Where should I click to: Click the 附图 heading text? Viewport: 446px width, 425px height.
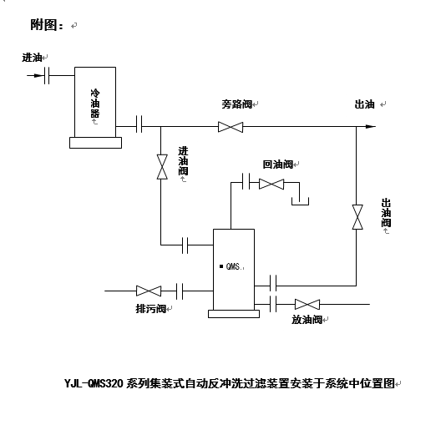tap(47, 25)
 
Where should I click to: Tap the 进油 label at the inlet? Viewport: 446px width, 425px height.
tap(32, 58)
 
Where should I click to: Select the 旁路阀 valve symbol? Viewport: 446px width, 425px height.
tap(230, 127)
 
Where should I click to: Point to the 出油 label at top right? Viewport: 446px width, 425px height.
tap(364, 104)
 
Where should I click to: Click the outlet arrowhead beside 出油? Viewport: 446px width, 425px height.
tap(369, 127)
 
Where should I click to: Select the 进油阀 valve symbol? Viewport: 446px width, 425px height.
tap(160, 167)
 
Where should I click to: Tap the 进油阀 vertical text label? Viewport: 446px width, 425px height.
tap(183, 161)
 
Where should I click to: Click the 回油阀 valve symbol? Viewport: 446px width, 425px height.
tap(271, 183)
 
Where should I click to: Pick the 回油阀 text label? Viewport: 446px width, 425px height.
tap(277, 164)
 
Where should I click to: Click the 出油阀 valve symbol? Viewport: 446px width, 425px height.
tap(357, 217)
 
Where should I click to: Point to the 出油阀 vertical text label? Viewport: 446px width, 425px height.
tap(386, 215)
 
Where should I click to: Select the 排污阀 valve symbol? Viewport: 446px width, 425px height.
tap(149, 291)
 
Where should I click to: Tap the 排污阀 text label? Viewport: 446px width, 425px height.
tap(150, 308)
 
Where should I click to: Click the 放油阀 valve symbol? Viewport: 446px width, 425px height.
tap(307, 304)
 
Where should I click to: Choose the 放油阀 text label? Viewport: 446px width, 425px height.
tap(307, 320)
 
